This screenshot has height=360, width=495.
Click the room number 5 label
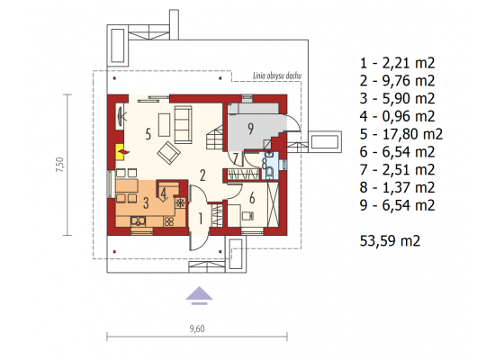[148, 134]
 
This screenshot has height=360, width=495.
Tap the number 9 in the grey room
[251, 129]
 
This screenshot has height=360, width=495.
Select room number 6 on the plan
[252, 198]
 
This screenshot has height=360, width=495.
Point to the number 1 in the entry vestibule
[201, 218]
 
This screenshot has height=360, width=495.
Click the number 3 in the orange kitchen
[146, 202]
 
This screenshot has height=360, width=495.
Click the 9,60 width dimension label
[197, 328]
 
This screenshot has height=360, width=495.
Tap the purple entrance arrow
[199, 295]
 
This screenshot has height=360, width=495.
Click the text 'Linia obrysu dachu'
[277, 76]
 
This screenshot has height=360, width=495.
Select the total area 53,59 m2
[390, 241]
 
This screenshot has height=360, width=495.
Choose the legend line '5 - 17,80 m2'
[400, 134]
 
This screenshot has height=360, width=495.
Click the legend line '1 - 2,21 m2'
[397, 63]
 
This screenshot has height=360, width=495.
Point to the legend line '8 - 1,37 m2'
[397, 187]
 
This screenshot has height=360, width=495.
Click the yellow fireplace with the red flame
[120, 152]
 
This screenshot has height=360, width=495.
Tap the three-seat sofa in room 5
[183, 124]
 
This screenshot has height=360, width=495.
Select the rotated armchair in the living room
[168, 153]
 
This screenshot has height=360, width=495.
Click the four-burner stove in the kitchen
[169, 221]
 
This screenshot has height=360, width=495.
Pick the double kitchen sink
[139, 220]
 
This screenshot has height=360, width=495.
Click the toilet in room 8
[269, 173]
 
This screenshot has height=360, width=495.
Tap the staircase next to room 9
[215, 138]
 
